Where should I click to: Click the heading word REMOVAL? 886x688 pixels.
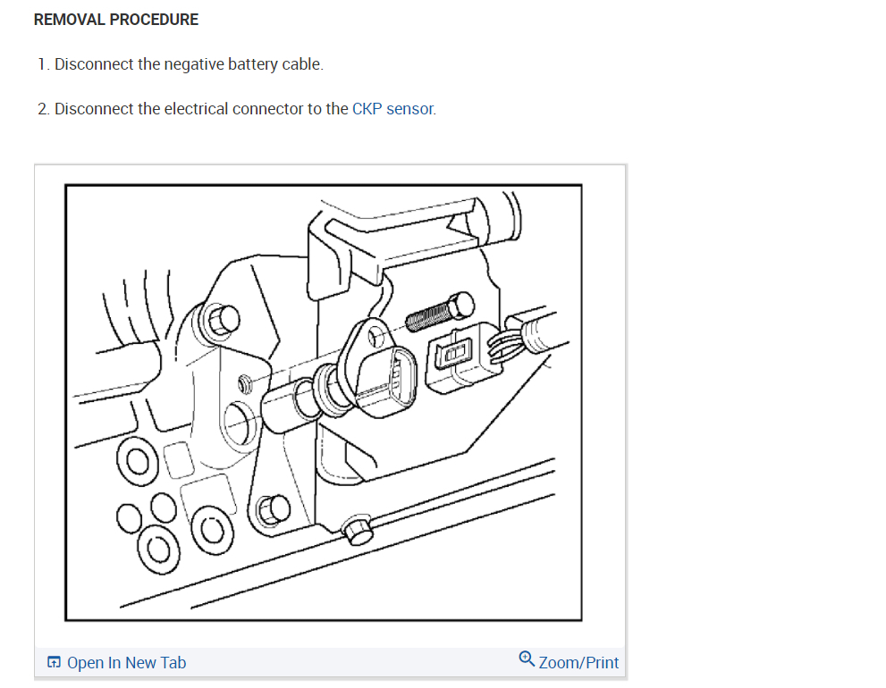coord(64,20)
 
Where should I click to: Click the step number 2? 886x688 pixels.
coord(42,109)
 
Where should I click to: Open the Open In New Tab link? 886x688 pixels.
coord(126,662)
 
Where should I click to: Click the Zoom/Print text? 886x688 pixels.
coord(578,662)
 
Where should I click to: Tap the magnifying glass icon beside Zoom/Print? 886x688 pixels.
coord(527,660)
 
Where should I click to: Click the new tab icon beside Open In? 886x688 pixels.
coord(55,662)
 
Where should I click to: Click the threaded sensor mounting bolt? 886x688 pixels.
coord(439,315)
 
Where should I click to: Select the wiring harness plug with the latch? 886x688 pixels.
coord(460,359)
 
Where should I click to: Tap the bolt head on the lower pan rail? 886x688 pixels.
coord(358,531)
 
